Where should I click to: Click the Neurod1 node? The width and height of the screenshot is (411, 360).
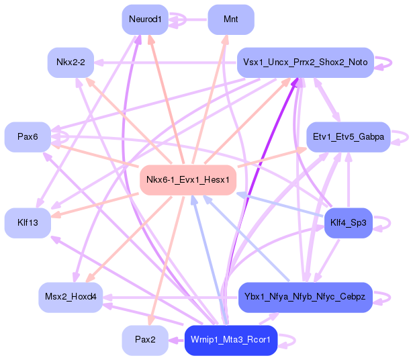145,19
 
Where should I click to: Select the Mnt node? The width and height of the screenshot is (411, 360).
231,19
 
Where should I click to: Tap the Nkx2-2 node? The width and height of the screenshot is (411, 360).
70,62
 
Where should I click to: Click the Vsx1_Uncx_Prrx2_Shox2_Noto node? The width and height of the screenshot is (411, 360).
305,62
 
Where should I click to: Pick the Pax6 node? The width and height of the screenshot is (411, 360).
28,137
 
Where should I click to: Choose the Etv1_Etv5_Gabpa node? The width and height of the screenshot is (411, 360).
348,137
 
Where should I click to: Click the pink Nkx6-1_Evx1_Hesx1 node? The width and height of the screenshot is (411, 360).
187,179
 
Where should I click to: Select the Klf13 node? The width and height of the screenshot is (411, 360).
28,222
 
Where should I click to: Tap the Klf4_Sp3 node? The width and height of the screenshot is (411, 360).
348,222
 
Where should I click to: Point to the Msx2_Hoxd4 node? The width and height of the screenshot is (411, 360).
70,296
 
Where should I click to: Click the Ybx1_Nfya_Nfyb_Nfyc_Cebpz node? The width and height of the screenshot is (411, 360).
305,296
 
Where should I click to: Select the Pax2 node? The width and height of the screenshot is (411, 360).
145,340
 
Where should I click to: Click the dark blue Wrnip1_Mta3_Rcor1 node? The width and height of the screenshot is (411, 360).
230,340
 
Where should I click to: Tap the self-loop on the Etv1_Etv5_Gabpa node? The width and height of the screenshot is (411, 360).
404,137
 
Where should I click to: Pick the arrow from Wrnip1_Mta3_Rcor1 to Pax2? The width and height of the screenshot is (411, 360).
175,340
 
